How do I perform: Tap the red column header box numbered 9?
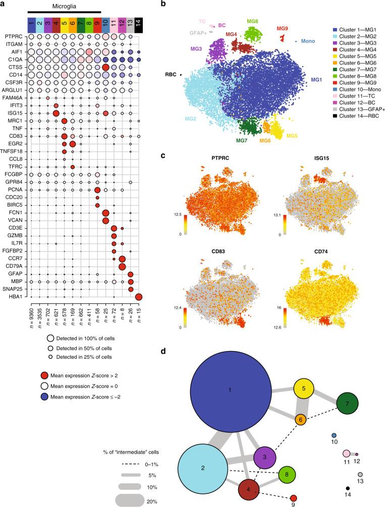97,22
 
